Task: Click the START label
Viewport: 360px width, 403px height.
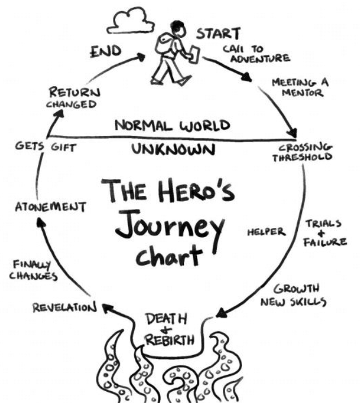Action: tap(218, 33)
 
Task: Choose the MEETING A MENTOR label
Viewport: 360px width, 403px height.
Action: tap(300, 87)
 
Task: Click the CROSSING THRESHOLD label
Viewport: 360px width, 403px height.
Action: tap(305, 152)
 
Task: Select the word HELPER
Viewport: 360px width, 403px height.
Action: tap(266, 232)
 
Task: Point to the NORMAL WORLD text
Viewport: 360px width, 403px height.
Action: tap(172, 125)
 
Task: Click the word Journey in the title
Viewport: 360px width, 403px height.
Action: tap(172, 225)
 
